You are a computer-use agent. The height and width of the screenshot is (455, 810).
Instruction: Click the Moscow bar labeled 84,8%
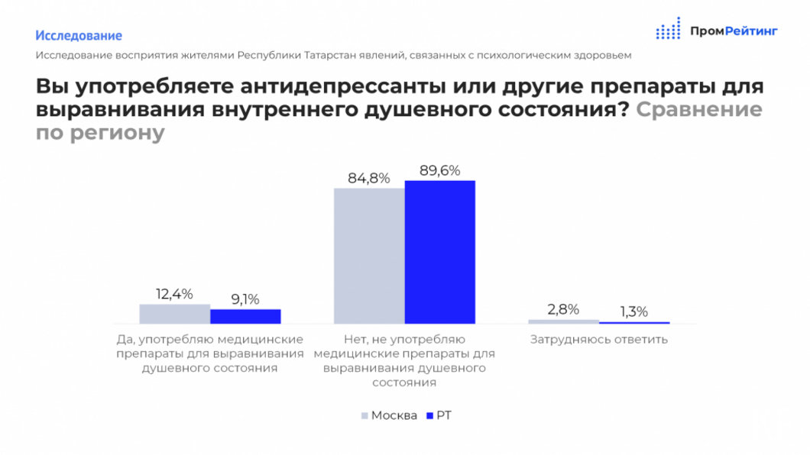[x=369, y=256]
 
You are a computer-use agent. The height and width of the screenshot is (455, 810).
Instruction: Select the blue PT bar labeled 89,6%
[x=439, y=252]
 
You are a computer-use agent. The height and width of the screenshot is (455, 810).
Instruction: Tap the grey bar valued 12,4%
[x=174, y=314]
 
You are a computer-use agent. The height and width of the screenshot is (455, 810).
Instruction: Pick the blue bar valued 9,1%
[x=245, y=316]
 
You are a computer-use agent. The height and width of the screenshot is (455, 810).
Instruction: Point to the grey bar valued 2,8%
[x=563, y=321]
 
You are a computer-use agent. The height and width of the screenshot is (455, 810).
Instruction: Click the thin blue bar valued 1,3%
[x=633, y=322]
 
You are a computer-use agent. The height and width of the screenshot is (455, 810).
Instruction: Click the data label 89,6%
[x=439, y=170]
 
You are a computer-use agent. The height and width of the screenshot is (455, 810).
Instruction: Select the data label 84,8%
[x=369, y=178]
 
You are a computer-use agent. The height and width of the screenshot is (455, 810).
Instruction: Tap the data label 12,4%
[x=174, y=293]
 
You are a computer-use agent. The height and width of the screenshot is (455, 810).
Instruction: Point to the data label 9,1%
[x=245, y=298]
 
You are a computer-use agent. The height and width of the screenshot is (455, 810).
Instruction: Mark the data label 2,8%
[x=563, y=309]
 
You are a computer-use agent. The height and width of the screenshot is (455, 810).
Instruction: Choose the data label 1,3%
[x=633, y=311]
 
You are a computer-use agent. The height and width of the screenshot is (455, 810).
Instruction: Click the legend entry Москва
[x=394, y=415]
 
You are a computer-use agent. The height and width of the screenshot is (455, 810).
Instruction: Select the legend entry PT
[x=444, y=415]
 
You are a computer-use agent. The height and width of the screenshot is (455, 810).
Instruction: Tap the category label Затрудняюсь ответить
[x=598, y=339]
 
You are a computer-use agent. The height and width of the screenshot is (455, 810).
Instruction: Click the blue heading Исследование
[x=79, y=35]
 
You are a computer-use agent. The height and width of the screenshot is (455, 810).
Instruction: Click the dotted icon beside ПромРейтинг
[x=668, y=29]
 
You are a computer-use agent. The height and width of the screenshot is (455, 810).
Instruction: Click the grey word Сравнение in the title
[x=698, y=109]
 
